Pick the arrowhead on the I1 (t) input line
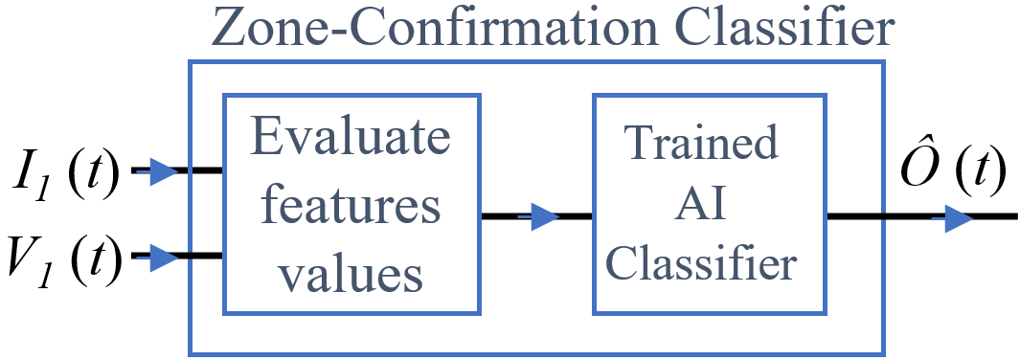[x=164, y=172]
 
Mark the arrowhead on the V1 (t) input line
[x=164, y=257]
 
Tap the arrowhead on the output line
[x=959, y=219]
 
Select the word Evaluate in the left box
[x=351, y=139]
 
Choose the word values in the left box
[x=351, y=274]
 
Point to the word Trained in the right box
[x=701, y=145]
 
